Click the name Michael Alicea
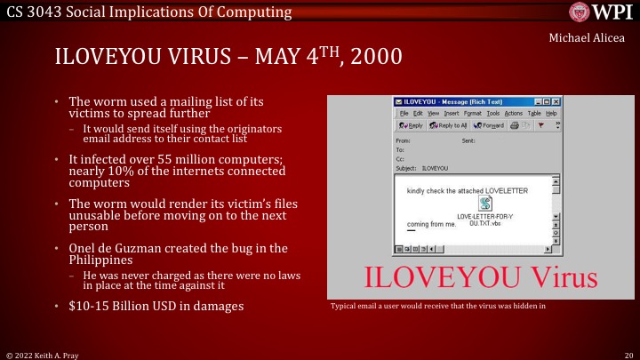point(588,37)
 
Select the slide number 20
point(628,354)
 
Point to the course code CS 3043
point(35,12)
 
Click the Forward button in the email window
point(488,125)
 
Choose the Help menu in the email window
point(551,114)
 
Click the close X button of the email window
point(556,102)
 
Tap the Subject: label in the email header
point(405,167)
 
